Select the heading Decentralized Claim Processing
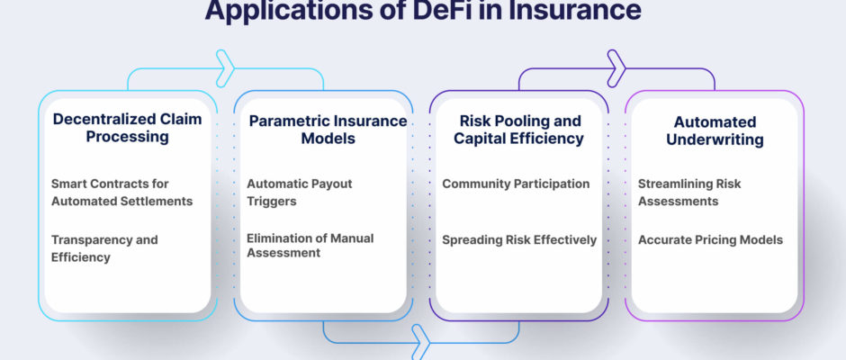click(127, 128)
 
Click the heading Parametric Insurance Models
click(328, 129)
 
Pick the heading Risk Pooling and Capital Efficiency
click(518, 130)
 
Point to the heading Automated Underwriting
click(715, 130)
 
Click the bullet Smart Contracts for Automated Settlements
click(121, 192)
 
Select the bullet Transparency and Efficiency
click(104, 248)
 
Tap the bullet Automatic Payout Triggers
click(300, 192)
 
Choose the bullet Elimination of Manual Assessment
click(310, 246)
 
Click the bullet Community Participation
click(516, 184)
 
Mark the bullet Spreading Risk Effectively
click(519, 240)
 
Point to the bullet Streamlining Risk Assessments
click(689, 192)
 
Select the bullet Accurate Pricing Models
click(711, 240)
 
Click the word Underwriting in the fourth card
click(715, 139)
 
